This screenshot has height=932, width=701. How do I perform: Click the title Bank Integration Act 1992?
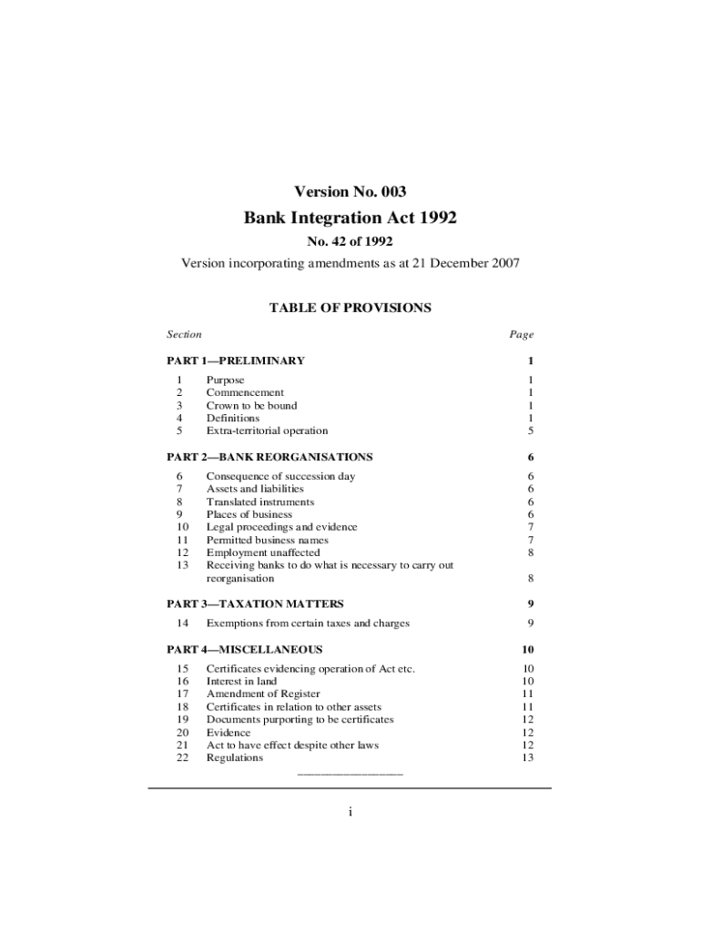click(350, 218)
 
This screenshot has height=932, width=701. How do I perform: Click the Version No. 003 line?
click(350, 191)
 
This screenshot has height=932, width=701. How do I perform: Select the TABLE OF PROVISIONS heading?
click(350, 308)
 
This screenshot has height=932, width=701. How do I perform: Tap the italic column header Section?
click(184, 335)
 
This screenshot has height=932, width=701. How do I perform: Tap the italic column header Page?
click(521, 335)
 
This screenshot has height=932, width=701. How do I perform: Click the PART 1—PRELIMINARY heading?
click(236, 360)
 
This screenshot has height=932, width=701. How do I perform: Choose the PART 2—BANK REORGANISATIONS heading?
click(269, 457)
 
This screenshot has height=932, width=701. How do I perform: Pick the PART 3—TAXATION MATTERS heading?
click(255, 603)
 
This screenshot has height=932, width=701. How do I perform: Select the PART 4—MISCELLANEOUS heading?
click(245, 649)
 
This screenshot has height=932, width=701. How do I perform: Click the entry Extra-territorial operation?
click(267, 431)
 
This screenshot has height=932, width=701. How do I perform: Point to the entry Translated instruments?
click(260, 501)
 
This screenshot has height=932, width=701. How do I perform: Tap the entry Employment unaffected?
click(263, 552)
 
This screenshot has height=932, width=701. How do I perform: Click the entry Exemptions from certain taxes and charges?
click(308, 623)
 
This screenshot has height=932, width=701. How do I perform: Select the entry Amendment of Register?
click(263, 694)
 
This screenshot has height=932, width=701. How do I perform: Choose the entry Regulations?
click(235, 757)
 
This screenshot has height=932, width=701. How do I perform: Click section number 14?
click(182, 623)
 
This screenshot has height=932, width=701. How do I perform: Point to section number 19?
click(182, 719)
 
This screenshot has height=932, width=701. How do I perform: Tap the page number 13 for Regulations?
click(527, 757)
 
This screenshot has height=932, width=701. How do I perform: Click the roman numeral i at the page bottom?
click(350, 813)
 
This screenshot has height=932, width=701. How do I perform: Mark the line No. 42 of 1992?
click(350, 241)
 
